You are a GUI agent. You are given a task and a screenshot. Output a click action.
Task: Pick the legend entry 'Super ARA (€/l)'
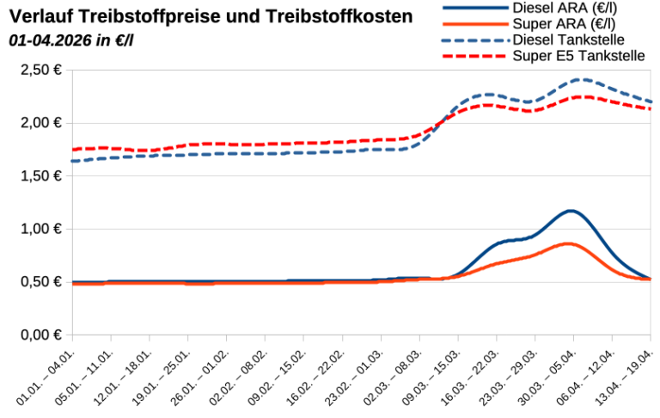point(564,24)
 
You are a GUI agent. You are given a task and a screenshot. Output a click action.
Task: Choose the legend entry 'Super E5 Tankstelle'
point(578,57)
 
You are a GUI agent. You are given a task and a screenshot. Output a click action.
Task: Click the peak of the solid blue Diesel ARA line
point(570,210)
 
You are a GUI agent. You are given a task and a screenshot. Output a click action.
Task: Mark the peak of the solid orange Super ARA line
point(568,243)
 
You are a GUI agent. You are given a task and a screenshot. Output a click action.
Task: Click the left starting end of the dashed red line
point(74,150)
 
